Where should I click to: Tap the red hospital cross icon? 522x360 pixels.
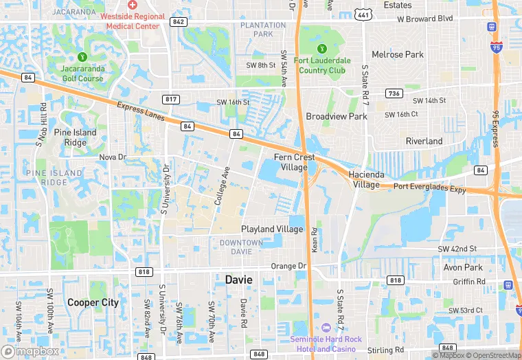(x=133, y=5)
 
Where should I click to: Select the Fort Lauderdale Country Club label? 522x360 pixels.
(x=322, y=65)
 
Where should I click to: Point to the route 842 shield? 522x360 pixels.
(x=179, y=22)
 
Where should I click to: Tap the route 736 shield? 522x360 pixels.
(x=394, y=93)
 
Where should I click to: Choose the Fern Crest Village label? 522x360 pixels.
(x=295, y=161)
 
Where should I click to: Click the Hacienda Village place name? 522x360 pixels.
(x=365, y=179)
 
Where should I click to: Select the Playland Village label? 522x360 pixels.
(x=271, y=229)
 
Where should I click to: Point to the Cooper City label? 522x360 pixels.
(x=93, y=302)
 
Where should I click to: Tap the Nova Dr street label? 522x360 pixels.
(x=113, y=157)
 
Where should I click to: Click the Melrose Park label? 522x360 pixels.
(x=398, y=54)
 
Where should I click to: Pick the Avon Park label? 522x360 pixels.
(x=464, y=267)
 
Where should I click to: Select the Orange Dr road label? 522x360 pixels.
(x=288, y=266)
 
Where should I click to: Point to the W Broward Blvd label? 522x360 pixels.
(x=425, y=19)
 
